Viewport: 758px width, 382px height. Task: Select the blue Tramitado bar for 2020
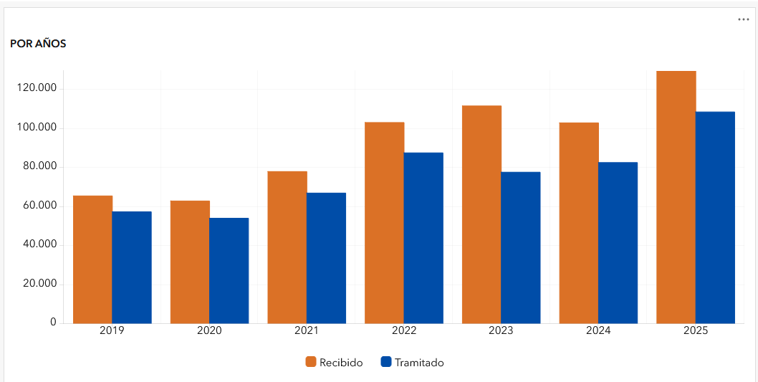[229, 270]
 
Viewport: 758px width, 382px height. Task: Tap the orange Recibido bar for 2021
[287, 247]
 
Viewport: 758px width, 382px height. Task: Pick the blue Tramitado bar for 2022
[423, 238]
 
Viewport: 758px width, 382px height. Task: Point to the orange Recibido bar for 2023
[481, 214]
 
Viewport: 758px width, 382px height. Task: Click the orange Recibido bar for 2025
[676, 197]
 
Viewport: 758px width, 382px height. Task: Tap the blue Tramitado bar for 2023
[521, 247]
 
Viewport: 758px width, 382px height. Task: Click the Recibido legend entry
[335, 363]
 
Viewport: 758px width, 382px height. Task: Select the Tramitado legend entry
[413, 363]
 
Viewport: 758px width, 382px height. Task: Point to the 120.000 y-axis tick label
[37, 89]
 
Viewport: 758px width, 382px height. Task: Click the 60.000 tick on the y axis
[40, 206]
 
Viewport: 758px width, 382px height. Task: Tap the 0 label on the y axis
[53, 323]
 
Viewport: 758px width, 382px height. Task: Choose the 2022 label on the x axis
[404, 331]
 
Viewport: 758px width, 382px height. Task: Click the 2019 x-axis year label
[112, 331]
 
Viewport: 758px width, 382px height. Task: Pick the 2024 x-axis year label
[598, 331]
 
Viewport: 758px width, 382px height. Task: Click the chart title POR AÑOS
[38, 44]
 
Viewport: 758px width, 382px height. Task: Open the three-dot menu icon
[743, 19]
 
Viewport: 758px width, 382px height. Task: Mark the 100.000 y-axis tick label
[37, 128]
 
